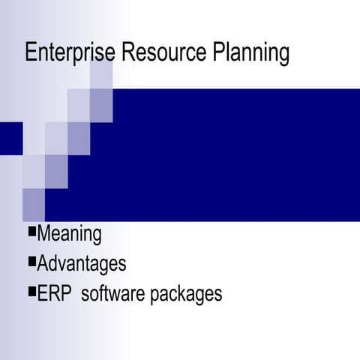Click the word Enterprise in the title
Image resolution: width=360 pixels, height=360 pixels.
point(70,54)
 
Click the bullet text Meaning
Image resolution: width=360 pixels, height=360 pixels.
point(69,234)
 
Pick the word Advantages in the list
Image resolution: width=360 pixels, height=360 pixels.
point(81,264)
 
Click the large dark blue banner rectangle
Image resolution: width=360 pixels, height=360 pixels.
point(225,154)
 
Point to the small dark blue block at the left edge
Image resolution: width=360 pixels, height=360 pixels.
point(10,137)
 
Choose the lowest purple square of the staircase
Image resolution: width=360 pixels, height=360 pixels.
point(34,204)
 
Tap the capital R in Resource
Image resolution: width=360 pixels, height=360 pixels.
point(127,53)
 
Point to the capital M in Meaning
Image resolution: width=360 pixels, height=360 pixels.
point(44,234)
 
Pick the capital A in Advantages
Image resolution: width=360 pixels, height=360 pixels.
point(43,264)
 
